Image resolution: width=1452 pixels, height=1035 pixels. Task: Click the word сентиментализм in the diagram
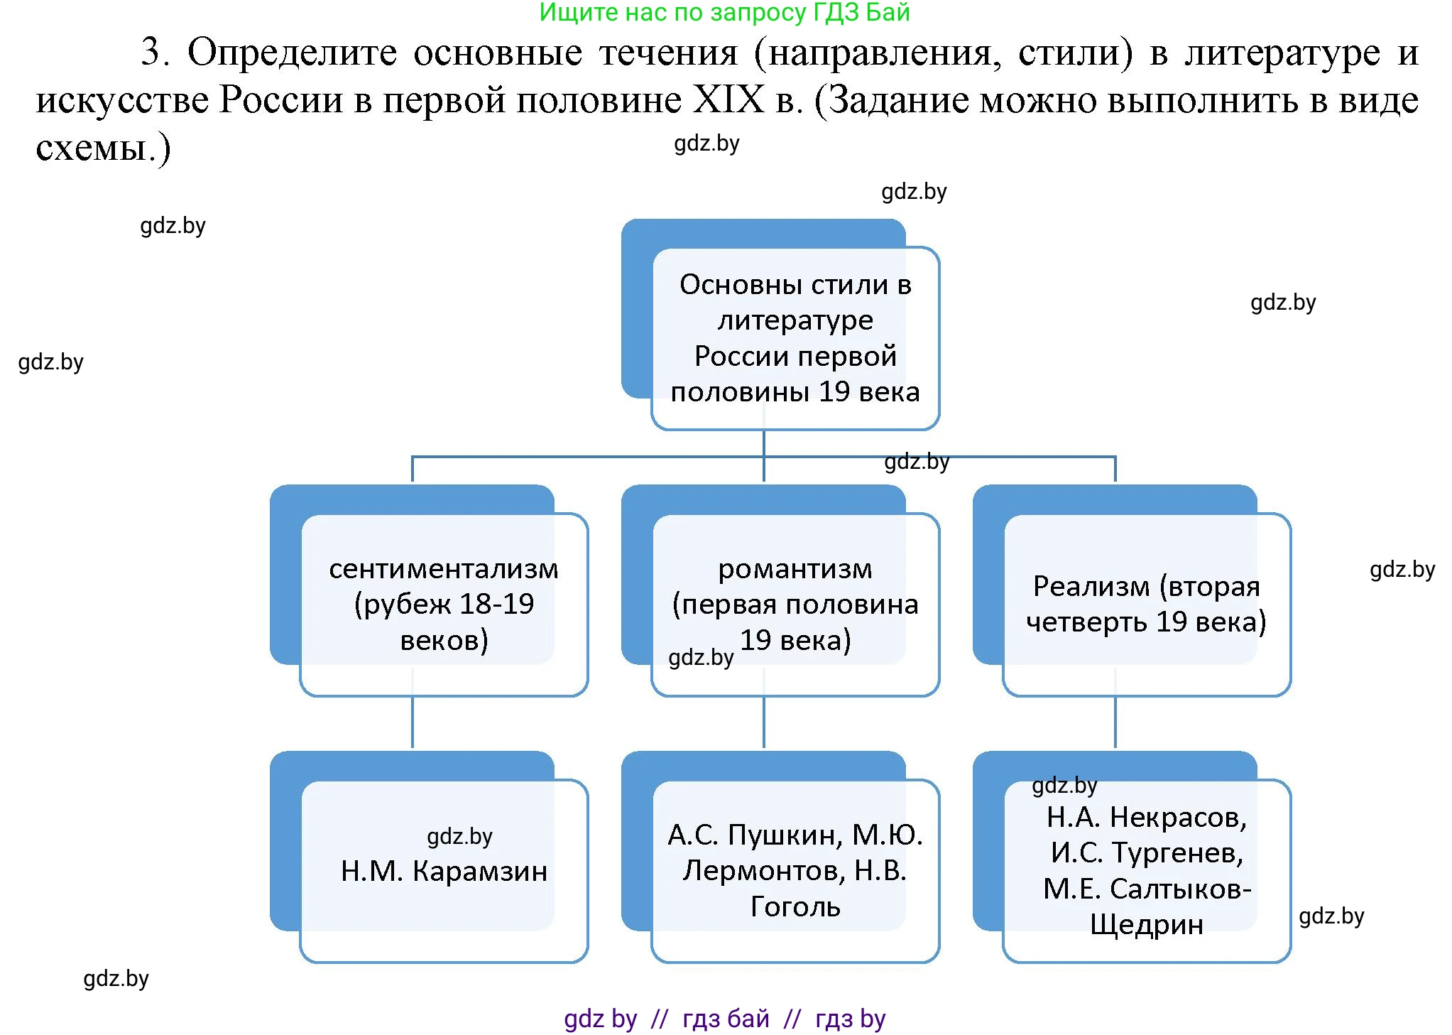(x=444, y=569)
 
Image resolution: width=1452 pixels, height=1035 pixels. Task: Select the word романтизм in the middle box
(x=795, y=569)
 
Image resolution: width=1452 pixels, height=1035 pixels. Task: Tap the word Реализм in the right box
(x=1091, y=587)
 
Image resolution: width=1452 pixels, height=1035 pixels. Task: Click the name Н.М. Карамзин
(x=444, y=871)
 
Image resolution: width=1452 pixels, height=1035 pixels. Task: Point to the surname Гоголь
(x=795, y=907)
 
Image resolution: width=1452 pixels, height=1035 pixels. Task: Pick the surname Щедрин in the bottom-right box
(x=1147, y=925)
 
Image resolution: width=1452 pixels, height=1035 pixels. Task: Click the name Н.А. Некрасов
(x=1147, y=818)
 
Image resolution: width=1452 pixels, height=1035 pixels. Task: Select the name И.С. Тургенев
(x=1147, y=853)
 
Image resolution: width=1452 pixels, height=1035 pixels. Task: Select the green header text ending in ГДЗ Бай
(x=724, y=13)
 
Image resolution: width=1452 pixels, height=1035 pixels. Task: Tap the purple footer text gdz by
(x=600, y=1019)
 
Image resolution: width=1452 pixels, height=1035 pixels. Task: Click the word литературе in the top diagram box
(x=795, y=320)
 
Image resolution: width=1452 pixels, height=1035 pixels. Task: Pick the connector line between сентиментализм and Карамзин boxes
(x=413, y=722)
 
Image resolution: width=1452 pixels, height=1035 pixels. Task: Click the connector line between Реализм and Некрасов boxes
(x=1115, y=722)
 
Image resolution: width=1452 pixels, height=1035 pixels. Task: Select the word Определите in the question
(x=291, y=53)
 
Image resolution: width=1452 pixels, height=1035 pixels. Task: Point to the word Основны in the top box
(x=741, y=285)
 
